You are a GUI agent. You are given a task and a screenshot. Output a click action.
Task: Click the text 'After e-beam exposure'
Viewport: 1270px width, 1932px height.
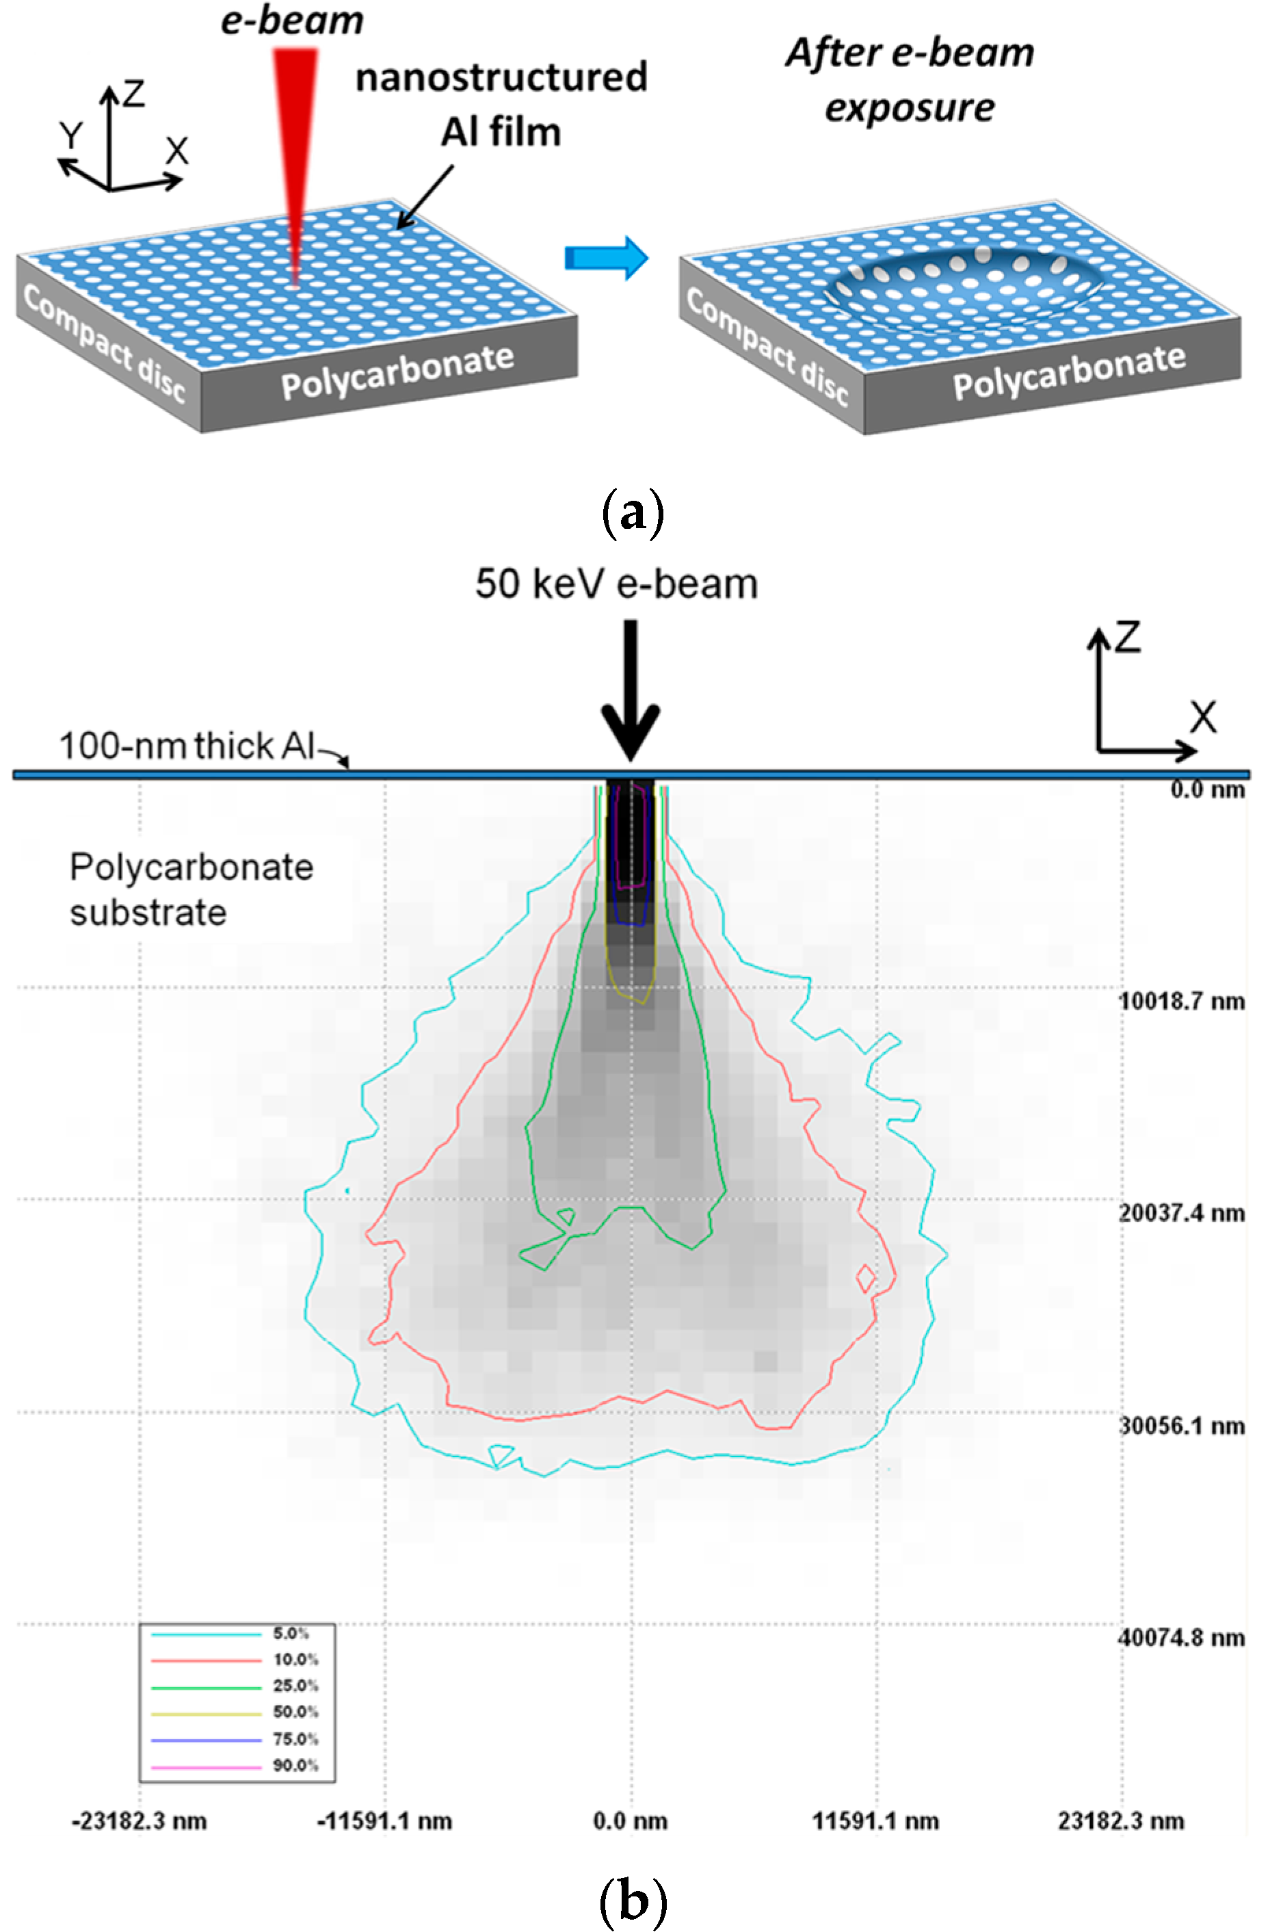[910, 79]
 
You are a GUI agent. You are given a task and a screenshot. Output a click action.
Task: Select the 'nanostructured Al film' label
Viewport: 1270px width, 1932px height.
[501, 104]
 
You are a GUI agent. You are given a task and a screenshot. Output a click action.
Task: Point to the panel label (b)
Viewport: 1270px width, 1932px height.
[633, 1900]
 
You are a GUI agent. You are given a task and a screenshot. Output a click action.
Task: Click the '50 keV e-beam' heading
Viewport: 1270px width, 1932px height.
[617, 584]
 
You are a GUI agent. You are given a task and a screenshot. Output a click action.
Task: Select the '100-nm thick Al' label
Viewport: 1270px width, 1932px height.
[187, 745]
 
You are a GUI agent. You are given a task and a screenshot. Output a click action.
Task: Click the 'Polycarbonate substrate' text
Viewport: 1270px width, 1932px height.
[191, 889]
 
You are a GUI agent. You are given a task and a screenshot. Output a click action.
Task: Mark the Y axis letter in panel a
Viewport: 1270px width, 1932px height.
[71, 135]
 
